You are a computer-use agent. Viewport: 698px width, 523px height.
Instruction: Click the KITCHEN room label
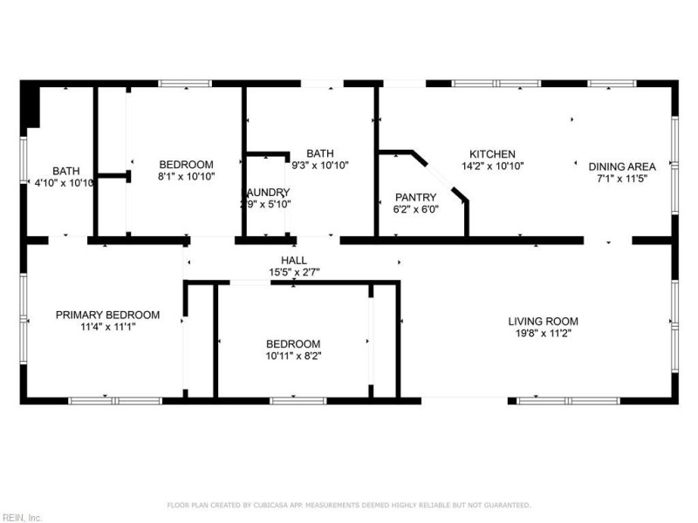pyautogui.click(x=492, y=153)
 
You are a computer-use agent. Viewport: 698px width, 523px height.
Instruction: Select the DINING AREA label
pyautogui.click(x=622, y=166)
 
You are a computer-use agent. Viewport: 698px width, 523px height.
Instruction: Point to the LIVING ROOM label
pyautogui.click(x=543, y=321)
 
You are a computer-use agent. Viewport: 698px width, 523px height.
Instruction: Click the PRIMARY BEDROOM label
pyautogui.click(x=107, y=315)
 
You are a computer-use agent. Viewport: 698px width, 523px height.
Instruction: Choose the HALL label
pyautogui.click(x=293, y=260)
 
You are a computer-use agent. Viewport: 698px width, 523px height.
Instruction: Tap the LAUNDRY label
pyautogui.click(x=266, y=193)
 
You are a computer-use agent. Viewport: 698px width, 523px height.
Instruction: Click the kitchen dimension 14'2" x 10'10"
pyautogui.click(x=492, y=165)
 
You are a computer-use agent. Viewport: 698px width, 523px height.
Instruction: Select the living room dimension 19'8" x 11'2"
pyautogui.click(x=543, y=332)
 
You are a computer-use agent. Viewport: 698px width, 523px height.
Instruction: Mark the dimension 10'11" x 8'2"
pyautogui.click(x=293, y=355)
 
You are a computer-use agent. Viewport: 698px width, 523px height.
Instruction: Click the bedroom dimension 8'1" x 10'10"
pyautogui.click(x=186, y=176)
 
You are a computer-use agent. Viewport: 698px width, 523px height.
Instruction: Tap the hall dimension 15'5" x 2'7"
pyautogui.click(x=293, y=271)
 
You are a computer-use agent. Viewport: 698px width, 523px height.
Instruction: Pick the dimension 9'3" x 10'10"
pyautogui.click(x=320, y=165)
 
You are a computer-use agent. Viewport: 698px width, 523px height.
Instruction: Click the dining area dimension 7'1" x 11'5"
pyautogui.click(x=622, y=178)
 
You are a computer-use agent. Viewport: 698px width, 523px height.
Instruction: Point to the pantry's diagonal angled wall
pyautogui.click(x=446, y=179)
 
